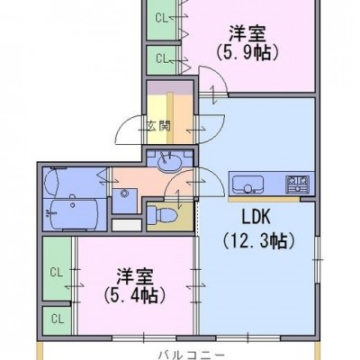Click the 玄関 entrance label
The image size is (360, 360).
[158, 126]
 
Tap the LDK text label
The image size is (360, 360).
[256, 217]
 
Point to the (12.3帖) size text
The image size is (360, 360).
[258, 240]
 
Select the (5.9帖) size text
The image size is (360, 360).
[247, 52]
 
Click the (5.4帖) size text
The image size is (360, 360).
[135, 294]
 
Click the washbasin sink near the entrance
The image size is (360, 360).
[169, 164]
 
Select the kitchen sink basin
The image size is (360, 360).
[248, 184]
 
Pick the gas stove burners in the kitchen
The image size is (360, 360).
[298, 184]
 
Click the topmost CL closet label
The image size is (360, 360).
[161, 18]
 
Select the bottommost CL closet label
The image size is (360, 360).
[58, 319]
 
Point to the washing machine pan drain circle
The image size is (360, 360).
[124, 193]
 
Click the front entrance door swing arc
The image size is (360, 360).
[125, 129]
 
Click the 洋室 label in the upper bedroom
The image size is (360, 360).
[247, 33]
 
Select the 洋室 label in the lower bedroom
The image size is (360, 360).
[135, 276]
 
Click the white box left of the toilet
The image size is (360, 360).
[127, 225]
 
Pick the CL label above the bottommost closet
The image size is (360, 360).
[57, 273]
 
